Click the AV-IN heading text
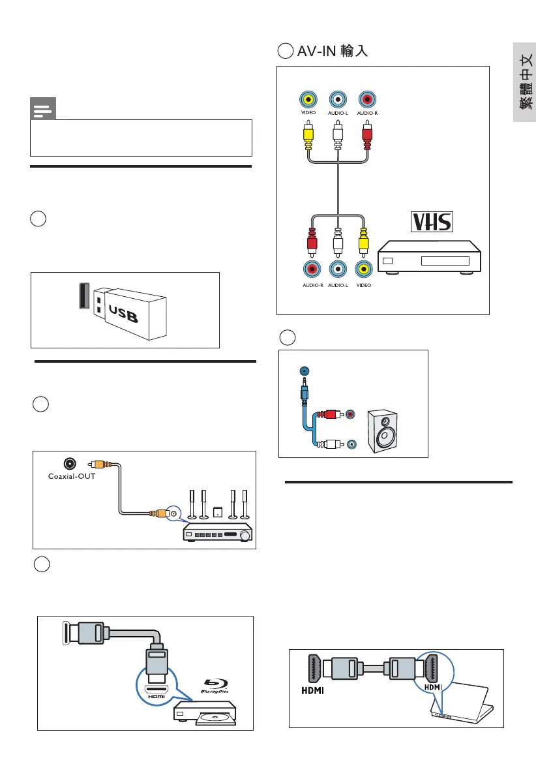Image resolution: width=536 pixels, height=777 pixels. click(x=333, y=52)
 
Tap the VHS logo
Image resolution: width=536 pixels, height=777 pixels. click(x=431, y=222)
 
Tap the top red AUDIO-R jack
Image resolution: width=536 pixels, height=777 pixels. click(x=368, y=99)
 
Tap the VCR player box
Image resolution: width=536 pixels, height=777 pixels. click(x=430, y=257)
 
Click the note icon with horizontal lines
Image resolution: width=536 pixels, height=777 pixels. click(x=43, y=110)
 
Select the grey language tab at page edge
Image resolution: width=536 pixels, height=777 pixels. click(x=524, y=82)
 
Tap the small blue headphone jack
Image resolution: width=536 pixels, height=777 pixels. click(x=303, y=371)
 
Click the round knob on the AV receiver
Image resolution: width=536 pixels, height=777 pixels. click(x=245, y=536)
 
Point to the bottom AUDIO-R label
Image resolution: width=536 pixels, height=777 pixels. click(x=312, y=286)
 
